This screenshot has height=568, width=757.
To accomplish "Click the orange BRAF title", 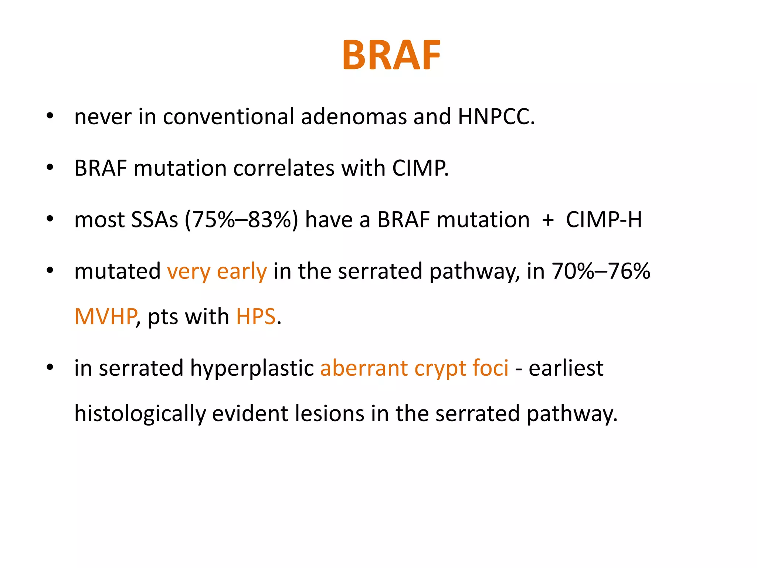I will pyautogui.click(x=391, y=55).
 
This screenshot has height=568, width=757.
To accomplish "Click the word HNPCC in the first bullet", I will pyautogui.click(x=496, y=116).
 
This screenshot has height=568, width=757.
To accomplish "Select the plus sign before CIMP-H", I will pyautogui.click(x=547, y=220).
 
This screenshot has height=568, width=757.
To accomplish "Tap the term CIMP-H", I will pyautogui.click(x=604, y=220).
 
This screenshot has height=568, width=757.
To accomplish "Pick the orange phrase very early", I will pyautogui.click(x=217, y=272).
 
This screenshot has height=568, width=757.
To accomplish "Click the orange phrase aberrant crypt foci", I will pyautogui.click(x=414, y=369).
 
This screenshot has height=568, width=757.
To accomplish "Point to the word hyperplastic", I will pyautogui.click(x=252, y=369).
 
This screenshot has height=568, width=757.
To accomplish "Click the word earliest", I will pyautogui.click(x=566, y=368).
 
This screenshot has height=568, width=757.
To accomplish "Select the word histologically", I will pyautogui.click(x=140, y=414).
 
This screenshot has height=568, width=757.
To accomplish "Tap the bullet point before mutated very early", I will pyautogui.click(x=50, y=271).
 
